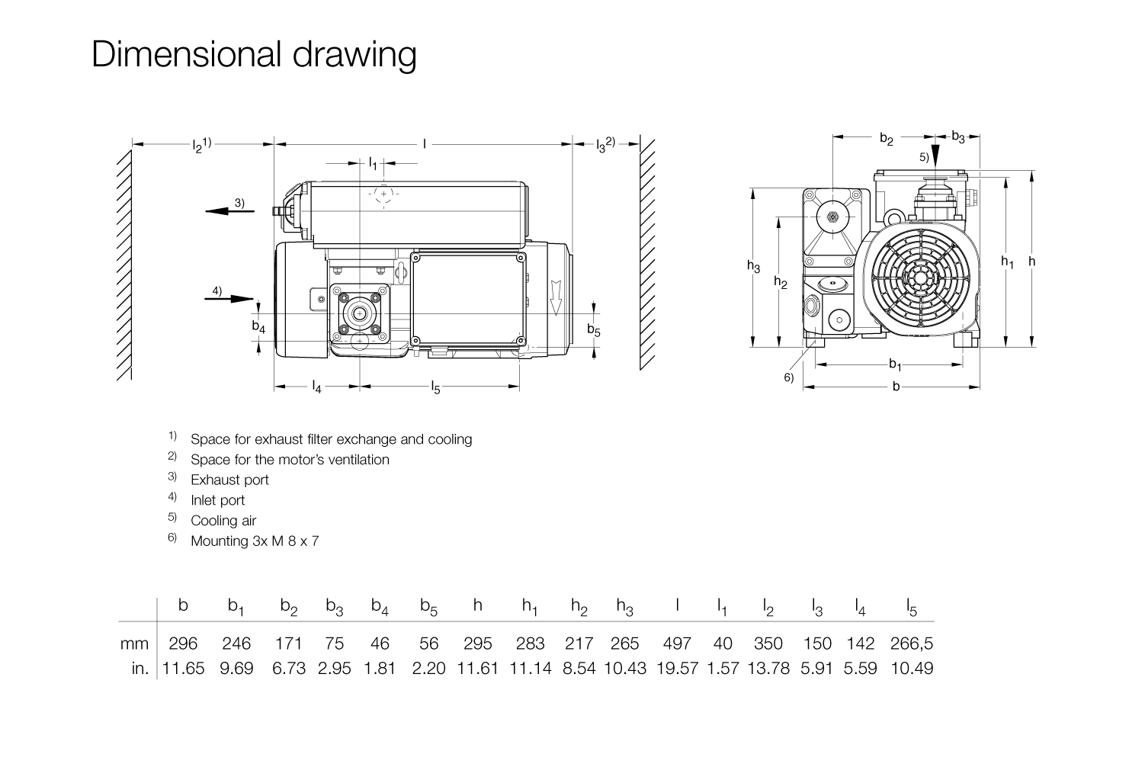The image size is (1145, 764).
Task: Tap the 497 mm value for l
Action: point(676,644)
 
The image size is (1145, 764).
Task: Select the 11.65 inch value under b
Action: point(183,668)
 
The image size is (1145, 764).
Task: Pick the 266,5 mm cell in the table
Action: point(912,644)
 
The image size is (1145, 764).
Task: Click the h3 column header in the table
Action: point(625,607)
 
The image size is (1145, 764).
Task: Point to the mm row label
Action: point(134,644)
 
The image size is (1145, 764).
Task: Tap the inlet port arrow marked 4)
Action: point(229,298)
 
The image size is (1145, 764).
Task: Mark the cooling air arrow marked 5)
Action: point(936,155)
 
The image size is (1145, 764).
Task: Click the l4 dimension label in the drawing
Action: point(317,387)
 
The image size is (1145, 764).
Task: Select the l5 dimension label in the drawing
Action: point(436,387)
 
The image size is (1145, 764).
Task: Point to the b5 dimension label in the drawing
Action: point(594,330)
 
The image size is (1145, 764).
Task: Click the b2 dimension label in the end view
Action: point(886,138)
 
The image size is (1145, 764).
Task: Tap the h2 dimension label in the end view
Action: point(781,282)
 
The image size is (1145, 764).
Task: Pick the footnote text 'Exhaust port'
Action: point(229,480)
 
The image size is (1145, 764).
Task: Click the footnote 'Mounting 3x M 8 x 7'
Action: point(255,541)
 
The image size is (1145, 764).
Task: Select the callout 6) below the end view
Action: point(789,377)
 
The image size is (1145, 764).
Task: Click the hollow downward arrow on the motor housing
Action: point(556,297)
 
